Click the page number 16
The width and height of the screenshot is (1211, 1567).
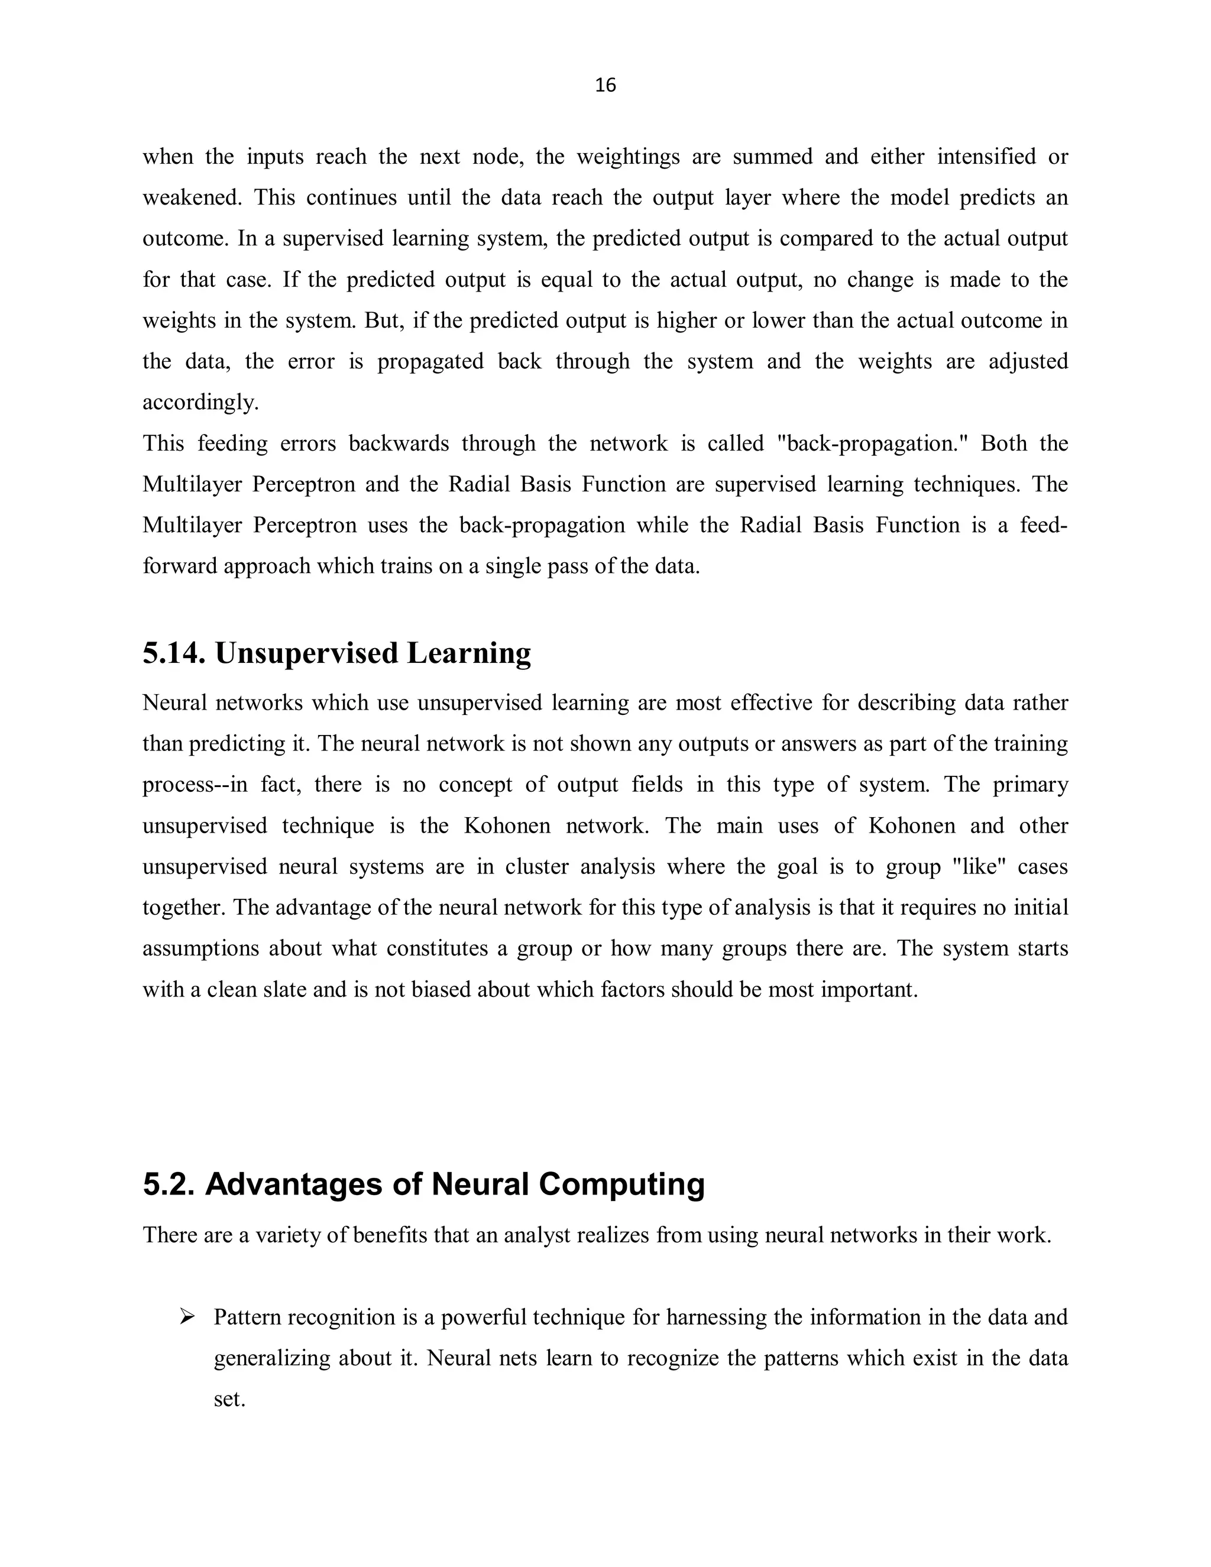(x=605, y=85)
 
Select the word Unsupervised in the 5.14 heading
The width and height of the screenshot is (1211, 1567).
(x=306, y=653)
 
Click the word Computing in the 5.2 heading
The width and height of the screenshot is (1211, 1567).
(x=621, y=1184)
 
